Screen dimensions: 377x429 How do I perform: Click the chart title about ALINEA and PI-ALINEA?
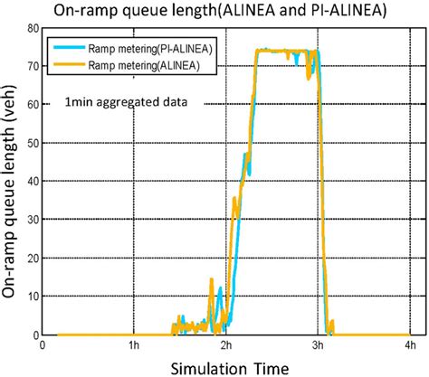coord(214,10)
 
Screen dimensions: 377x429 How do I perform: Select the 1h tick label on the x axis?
coord(134,344)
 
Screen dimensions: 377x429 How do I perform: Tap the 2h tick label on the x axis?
coord(225,344)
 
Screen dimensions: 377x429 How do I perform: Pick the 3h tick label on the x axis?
coord(317,344)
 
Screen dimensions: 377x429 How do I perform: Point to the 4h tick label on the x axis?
coord(408,344)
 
